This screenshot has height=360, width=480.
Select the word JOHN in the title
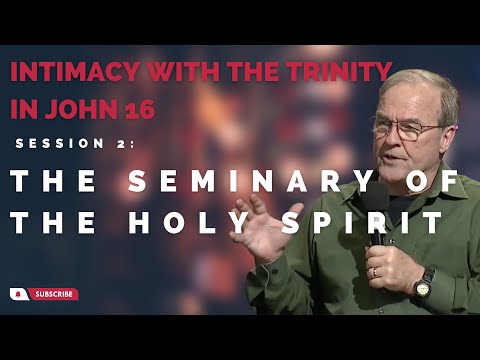[87, 109]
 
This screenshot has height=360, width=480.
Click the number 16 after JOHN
[141, 109]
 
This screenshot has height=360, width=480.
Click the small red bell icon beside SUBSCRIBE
[18, 294]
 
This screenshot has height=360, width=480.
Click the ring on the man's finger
[374, 271]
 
